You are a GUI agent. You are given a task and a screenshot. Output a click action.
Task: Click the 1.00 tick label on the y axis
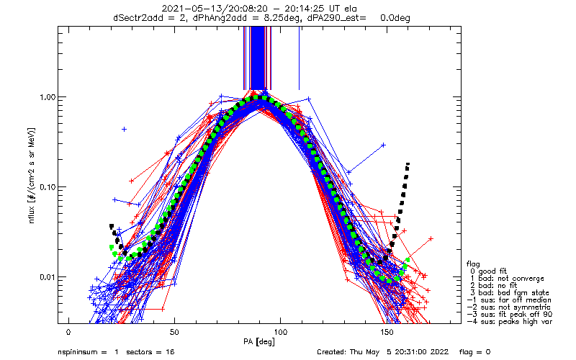coord(47,97)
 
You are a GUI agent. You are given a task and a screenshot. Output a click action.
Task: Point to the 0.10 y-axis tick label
coord(47,187)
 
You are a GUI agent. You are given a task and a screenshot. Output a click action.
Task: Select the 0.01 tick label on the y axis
coord(47,277)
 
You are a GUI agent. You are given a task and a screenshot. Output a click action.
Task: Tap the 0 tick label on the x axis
coord(68,332)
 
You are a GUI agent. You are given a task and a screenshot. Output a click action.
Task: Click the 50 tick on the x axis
coord(174,332)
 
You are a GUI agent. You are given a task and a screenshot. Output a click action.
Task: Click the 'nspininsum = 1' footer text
coord(86,352)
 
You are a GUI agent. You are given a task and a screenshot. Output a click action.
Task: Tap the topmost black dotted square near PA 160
coord(408,164)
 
